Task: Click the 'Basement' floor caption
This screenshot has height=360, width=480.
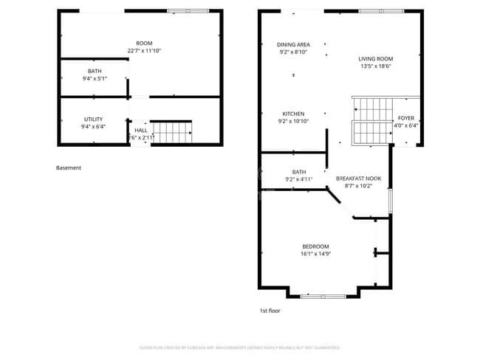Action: [69, 168]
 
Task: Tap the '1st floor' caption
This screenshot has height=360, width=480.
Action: [270, 311]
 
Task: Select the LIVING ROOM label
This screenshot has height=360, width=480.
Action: [375, 59]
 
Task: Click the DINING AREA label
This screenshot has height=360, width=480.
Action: [293, 44]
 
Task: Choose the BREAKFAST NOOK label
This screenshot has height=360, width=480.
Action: [358, 179]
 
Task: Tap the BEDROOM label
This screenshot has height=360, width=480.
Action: [315, 246]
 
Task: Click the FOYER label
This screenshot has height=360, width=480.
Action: [406, 118]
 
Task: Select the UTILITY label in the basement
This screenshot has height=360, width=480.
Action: [93, 119]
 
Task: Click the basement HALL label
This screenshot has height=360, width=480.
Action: [140, 131]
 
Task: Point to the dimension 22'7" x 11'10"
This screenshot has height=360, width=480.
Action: [144, 51]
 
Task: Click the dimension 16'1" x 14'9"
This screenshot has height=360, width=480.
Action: [315, 255]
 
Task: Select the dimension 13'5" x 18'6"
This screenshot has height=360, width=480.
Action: [375, 66]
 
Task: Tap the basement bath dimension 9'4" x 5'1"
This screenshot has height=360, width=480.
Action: [94, 78]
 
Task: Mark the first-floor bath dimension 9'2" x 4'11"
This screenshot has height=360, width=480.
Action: [299, 179]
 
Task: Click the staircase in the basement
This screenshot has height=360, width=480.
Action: [172, 133]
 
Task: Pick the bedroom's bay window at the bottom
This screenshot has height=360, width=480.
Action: [323, 296]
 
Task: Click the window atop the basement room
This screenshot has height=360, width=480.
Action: [178, 11]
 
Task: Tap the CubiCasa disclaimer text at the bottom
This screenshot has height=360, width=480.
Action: [240, 347]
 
